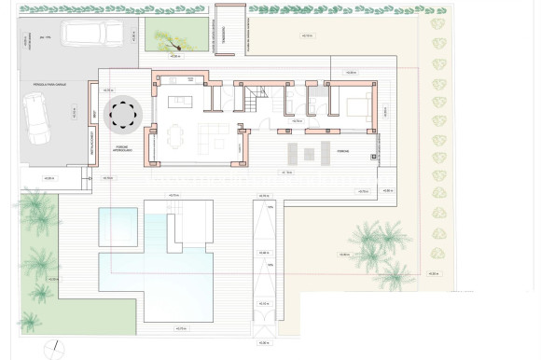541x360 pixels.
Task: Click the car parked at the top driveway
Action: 91,34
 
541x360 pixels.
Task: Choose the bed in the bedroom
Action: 356,105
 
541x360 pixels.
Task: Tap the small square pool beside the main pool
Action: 118,228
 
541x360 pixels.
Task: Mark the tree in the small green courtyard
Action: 169,38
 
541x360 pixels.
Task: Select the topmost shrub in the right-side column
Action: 436,23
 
